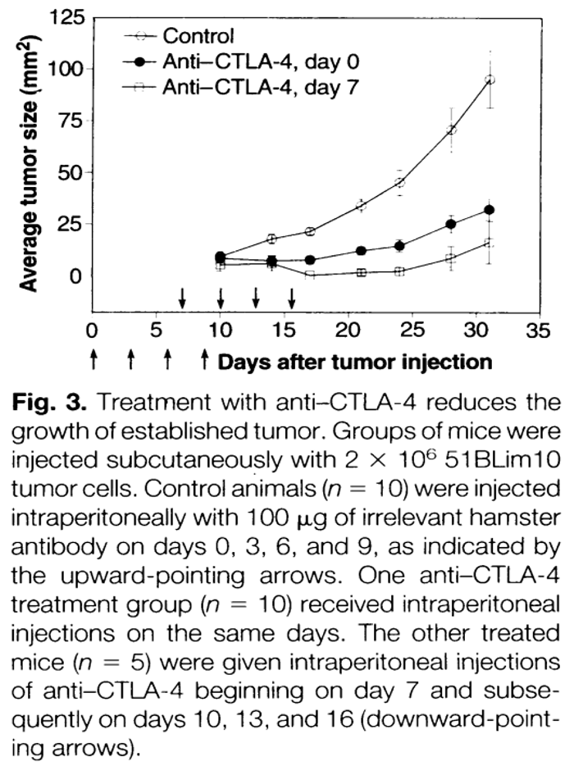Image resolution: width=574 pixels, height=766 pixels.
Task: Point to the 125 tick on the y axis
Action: point(65,18)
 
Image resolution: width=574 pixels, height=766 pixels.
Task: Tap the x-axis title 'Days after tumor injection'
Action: point(355,362)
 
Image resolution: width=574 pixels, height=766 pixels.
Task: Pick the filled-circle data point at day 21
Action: point(361,250)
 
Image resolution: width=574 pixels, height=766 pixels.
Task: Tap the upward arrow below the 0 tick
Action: point(93,359)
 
